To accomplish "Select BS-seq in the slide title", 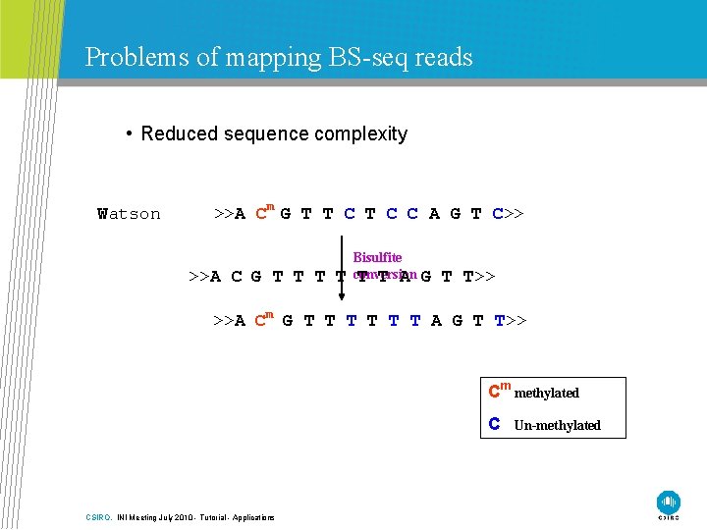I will click(x=363, y=58).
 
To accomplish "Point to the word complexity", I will click(x=358, y=134).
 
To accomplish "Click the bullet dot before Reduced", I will click(x=130, y=133).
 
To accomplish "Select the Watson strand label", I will click(x=129, y=214).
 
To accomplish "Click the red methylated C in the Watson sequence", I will click(x=261, y=213).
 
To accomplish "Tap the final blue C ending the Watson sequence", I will click(x=498, y=213).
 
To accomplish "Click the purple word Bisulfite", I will click(x=377, y=258).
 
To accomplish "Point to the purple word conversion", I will click(x=386, y=275).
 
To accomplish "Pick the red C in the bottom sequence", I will click(x=261, y=320).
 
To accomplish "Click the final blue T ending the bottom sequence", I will click(x=500, y=320).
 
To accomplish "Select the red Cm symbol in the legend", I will click(x=498, y=392).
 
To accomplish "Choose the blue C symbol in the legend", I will click(x=495, y=424).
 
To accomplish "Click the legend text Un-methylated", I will click(x=557, y=425).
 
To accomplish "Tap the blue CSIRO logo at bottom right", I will click(x=669, y=502).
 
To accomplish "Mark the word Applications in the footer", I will click(x=253, y=517).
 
